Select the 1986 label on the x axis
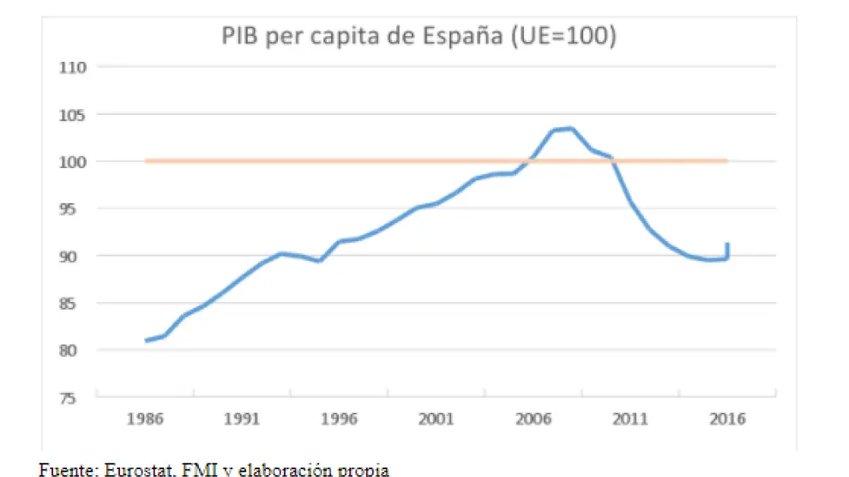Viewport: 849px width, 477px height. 146,420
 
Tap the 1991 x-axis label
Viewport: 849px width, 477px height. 243,420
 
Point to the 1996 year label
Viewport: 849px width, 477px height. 340,420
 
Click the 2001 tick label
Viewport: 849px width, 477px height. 437,420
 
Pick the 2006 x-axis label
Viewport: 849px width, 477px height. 533,420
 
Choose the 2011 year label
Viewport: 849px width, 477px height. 630,420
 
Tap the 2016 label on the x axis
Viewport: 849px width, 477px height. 727,420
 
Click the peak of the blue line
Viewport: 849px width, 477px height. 571,129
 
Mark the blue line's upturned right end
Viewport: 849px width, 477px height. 727,245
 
